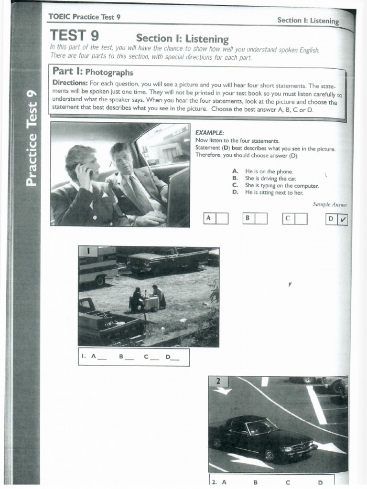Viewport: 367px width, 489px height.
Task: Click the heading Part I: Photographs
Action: [93, 72]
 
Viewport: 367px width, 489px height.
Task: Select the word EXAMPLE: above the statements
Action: [209, 133]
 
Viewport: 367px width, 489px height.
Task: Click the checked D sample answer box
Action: [337, 219]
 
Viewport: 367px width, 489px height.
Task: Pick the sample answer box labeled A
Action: [216, 218]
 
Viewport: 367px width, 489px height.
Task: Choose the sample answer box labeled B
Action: [255, 218]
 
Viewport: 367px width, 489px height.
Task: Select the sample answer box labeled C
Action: [294, 218]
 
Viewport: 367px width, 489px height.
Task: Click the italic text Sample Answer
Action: [330, 204]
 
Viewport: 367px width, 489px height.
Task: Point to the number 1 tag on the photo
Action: [88, 251]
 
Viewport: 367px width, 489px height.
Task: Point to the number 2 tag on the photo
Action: [218, 381]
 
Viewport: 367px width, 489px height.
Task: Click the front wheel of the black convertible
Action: [270, 455]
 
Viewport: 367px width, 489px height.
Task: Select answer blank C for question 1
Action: [149, 357]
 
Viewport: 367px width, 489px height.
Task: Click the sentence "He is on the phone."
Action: [269, 171]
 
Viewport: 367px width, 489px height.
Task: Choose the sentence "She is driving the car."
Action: [270, 178]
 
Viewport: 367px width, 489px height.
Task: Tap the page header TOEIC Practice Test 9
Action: [84, 17]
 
